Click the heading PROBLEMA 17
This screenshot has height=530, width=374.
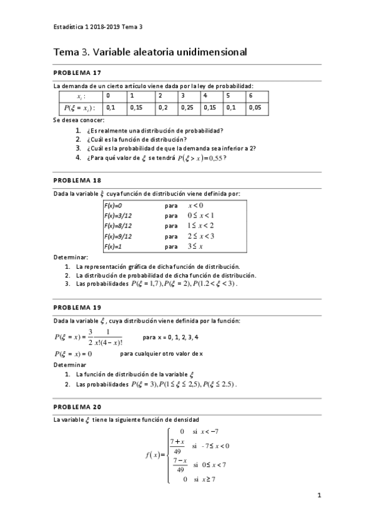(x=78, y=72)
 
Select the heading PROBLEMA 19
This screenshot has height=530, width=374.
(x=78, y=307)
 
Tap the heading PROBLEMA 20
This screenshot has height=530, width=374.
(x=78, y=406)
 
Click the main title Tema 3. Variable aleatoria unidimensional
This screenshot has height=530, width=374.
(x=150, y=52)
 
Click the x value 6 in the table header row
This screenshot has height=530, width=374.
(x=250, y=96)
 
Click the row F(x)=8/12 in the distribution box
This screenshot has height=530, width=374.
(x=118, y=225)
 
